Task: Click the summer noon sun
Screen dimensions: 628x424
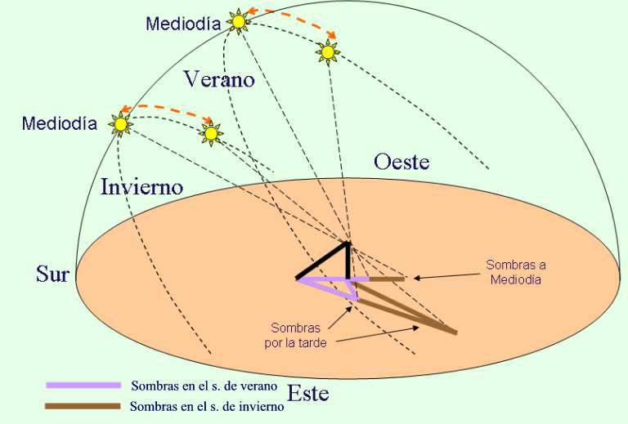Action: click(x=238, y=22)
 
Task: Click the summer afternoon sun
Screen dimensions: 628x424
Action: click(x=328, y=52)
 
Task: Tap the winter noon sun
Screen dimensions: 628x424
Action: click(x=121, y=124)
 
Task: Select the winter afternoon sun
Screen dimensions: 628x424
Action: click(x=212, y=132)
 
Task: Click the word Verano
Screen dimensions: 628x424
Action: click(x=218, y=79)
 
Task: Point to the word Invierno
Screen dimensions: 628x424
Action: click(x=141, y=186)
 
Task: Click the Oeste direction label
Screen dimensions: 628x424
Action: click(x=401, y=161)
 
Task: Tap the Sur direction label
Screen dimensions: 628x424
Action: click(x=52, y=273)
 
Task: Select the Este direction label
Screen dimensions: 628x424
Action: click(x=307, y=394)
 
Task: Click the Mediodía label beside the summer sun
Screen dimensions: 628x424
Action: click(x=183, y=24)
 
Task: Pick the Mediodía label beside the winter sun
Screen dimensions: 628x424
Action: click(x=60, y=124)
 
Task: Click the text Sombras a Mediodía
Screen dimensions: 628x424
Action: click(x=515, y=272)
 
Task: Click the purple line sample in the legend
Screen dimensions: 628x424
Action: click(x=83, y=384)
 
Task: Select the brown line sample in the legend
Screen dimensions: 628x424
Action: click(x=83, y=405)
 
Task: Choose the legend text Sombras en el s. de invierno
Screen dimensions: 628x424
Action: click(x=207, y=406)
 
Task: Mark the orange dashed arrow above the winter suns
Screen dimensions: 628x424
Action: click(x=167, y=109)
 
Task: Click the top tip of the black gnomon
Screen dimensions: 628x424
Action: click(x=348, y=243)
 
